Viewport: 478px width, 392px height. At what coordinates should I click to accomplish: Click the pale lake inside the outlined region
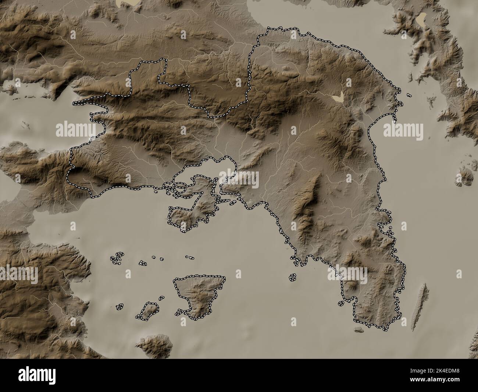(x=337, y=98)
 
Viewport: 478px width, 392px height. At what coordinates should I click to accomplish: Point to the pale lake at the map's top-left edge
(x=128, y=3)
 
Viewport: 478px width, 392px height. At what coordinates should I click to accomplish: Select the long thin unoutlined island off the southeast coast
(x=420, y=306)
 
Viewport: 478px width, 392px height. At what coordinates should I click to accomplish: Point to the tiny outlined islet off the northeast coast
(x=409, y=95)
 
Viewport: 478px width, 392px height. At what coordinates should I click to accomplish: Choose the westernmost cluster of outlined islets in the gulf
(x=117, y=258)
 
